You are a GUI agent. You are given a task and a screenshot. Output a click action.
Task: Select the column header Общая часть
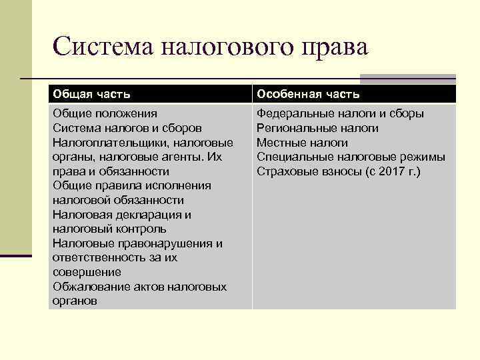92,95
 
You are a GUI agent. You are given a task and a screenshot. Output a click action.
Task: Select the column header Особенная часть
309,95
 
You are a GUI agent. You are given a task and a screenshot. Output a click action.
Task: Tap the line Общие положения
105,113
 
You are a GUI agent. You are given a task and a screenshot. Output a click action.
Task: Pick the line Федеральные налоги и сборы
340,113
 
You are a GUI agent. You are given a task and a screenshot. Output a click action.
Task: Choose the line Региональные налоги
317,128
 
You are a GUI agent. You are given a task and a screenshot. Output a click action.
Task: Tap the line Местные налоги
302,143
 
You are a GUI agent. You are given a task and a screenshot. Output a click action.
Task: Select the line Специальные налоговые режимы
351,157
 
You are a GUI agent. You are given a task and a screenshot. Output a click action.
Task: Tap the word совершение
87,272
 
